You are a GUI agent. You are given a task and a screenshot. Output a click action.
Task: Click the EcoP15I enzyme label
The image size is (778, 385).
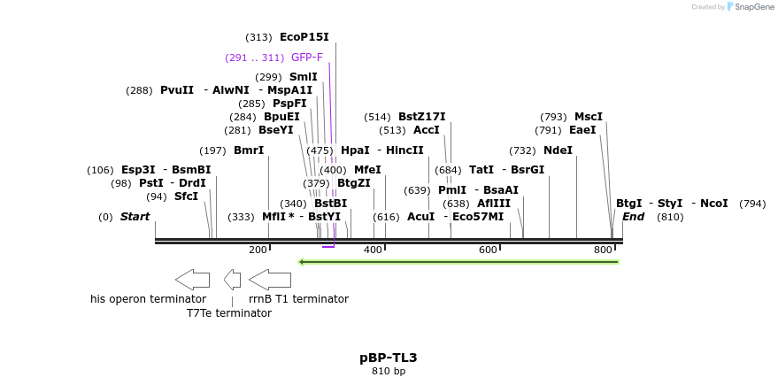click(x=304, y=37)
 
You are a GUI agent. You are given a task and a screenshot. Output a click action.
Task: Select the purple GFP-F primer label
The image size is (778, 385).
click(x=307, y=58)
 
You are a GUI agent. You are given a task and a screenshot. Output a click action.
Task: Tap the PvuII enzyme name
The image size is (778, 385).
click(x=177, y=90)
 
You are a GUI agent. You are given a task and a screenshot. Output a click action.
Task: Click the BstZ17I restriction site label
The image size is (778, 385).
click(x=421, y=117)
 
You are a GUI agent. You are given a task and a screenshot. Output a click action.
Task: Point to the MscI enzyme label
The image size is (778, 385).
click(x=588, y=117)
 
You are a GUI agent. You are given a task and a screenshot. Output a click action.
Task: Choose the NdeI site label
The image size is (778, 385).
click(x=558, y=150)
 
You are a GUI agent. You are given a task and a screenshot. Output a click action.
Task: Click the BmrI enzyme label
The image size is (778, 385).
click(x=249, y=150)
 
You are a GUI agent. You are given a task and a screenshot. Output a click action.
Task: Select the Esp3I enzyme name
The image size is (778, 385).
click(x=138, y=170)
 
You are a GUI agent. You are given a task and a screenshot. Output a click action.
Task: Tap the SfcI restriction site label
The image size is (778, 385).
click(x=186, y=196)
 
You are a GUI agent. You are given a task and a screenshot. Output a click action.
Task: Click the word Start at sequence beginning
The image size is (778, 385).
click(x=135, y=217)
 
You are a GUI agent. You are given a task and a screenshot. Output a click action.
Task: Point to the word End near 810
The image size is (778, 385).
click(x=633, y=217)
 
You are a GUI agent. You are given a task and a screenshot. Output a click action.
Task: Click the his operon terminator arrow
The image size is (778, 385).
click(x=192, y=280)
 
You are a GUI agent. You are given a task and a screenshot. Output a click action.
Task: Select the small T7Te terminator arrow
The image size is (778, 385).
click(x=232, y=280)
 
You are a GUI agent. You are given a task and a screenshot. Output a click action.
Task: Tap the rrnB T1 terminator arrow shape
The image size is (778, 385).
click(x=270, y=280)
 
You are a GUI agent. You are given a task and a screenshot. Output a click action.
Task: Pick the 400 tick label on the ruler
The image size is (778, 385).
click(x=373, y=250)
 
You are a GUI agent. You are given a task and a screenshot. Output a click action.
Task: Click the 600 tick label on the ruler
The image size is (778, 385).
click(x=488, y=250)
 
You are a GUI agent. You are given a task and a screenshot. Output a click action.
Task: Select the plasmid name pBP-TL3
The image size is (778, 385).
click(x=388, y=358)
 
